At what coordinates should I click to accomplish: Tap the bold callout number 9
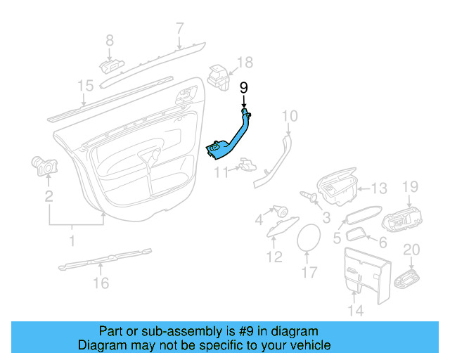pos(244,88)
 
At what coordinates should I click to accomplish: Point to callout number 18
pos(244,63)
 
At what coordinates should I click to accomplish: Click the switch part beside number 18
pos(219,76)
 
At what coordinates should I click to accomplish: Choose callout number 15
pos(85,86)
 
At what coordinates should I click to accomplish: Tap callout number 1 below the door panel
pos(71,242)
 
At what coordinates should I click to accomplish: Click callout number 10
pos(290,115)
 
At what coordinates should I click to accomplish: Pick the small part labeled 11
pos(247,165)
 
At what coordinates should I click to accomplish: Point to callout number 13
pos(379,188)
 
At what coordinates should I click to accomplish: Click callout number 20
pos(411,250)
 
